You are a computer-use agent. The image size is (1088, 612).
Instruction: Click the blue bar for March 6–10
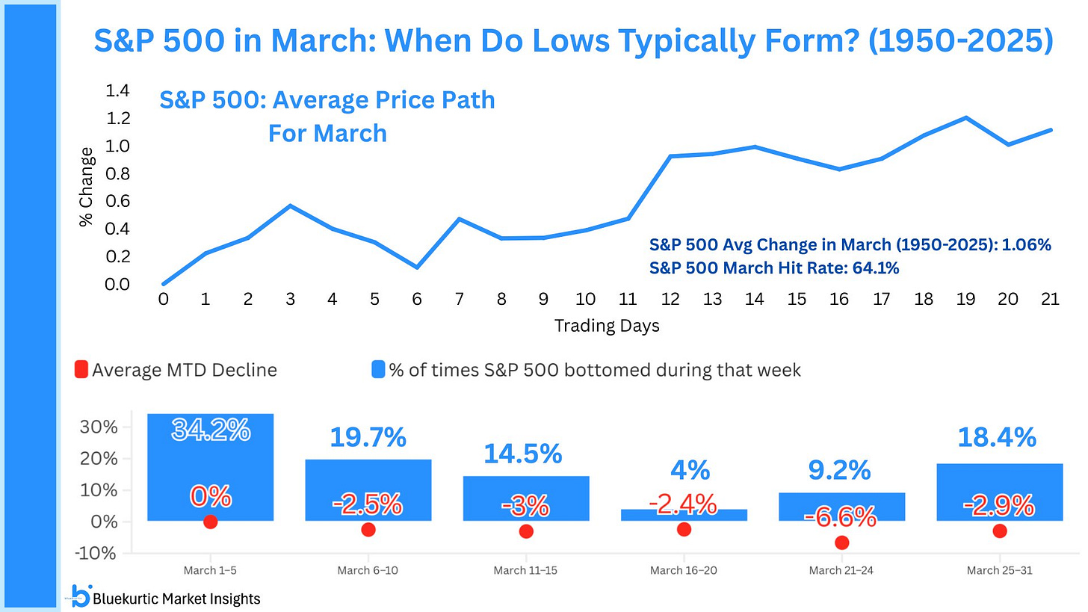click(x=368, y=489)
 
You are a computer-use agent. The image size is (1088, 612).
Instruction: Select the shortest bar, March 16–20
click(x=684, y=515)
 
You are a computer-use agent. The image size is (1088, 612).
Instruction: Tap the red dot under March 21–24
click(x=842, y=543)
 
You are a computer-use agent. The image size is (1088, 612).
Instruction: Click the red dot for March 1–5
click(x=211, y=522)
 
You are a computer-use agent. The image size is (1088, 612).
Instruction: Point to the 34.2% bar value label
click(x=211, y=430)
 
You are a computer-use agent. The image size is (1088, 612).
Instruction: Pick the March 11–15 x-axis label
click(x=526, y=571)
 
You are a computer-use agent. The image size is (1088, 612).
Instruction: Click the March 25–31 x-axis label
click(x=1000, y=571)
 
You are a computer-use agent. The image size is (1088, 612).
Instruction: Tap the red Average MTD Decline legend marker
click(x=81, y=370)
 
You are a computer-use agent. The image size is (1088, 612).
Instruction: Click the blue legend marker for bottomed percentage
click(x=379, y=370)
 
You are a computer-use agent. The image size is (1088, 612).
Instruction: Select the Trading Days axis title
click(x=607, y=327)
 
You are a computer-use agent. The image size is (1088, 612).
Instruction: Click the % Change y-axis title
click(x=87, y=187)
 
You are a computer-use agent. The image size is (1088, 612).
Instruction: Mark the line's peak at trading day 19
click(x=966, y=117)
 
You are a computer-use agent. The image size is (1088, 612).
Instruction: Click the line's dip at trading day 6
click(x=416, y=268)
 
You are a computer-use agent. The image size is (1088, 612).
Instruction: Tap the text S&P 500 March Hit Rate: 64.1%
click(x=774, y=268)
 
